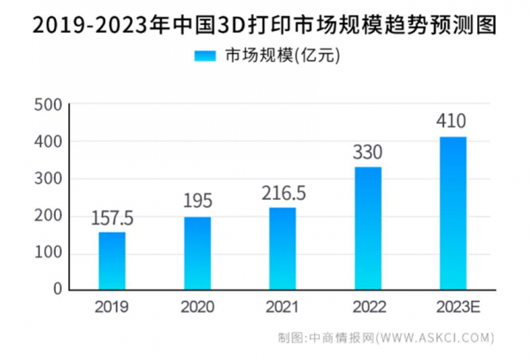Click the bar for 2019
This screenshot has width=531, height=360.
112,260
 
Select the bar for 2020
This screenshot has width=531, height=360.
197,253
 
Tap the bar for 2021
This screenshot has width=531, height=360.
282,249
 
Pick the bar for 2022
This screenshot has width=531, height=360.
367,228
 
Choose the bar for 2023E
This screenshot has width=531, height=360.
452,212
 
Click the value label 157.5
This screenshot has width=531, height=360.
112,218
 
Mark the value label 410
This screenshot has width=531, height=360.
452,121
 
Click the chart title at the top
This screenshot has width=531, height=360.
265,23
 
